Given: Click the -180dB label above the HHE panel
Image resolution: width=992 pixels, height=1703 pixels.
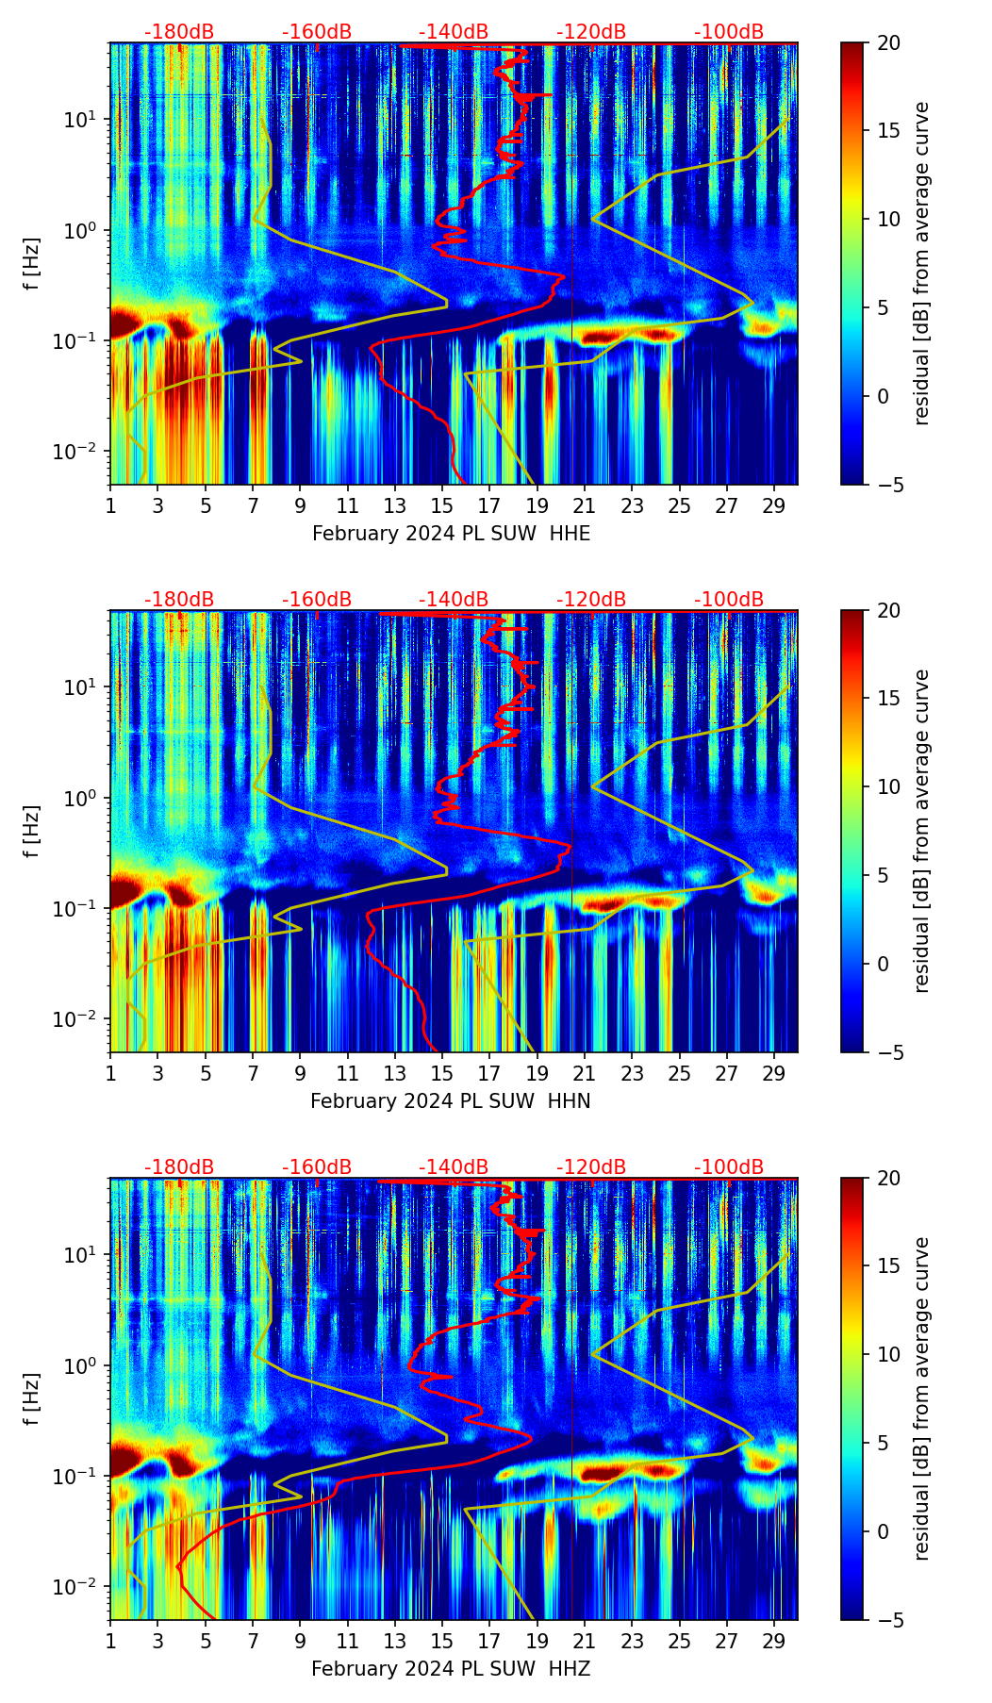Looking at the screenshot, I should point(179,32).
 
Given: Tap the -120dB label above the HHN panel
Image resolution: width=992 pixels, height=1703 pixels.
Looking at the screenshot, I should point(591,600).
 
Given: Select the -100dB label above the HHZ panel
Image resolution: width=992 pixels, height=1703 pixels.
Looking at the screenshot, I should point(729,1167).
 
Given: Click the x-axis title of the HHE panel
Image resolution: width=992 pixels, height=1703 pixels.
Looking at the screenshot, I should point(451,534).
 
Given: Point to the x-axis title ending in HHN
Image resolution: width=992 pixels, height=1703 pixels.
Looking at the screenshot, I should point(451,1101).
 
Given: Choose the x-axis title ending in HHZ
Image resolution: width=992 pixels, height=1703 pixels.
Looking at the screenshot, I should point(451,1669).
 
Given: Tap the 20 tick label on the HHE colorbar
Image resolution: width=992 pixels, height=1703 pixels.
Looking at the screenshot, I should point(888,43).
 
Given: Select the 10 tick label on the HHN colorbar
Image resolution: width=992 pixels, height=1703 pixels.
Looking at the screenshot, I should point(888,786).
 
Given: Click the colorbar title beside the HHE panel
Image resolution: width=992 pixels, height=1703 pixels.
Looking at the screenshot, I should point(922,263).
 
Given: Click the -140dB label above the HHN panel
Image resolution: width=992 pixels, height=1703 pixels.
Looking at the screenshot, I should point(454,600).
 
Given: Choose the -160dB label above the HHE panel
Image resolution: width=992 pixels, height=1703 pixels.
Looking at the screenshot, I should point(317,32).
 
